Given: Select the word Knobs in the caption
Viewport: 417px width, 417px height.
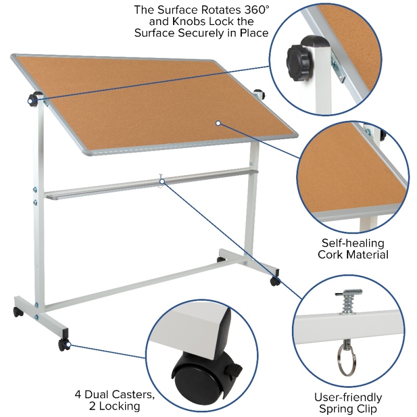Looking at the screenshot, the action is (189, 21).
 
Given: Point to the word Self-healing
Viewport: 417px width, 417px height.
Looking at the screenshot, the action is (353, 243).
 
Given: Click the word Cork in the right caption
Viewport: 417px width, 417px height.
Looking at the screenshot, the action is (329, 254).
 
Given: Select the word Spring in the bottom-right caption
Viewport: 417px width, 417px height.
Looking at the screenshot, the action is (336, 409).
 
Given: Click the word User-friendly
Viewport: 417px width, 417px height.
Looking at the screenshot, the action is (348, 398).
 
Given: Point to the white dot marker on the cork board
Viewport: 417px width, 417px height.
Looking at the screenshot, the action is (218, 123).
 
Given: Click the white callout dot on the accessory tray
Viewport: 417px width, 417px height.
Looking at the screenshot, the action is (162, 181).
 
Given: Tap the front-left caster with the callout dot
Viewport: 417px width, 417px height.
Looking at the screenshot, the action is (64, 345).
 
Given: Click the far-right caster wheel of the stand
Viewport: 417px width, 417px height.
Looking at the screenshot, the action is (275, 281).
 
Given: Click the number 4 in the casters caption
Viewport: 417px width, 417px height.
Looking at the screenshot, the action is (78, 395).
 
